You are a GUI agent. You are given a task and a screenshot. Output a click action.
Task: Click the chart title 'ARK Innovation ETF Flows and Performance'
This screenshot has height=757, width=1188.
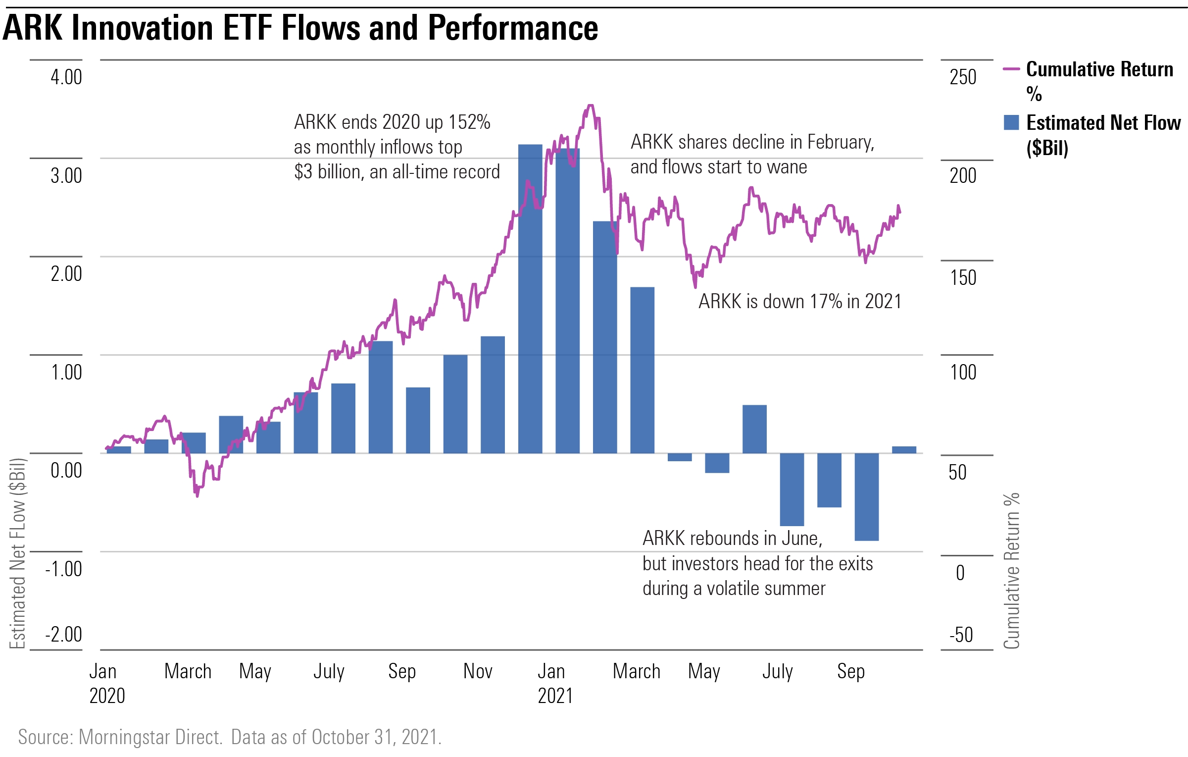click(300, 28)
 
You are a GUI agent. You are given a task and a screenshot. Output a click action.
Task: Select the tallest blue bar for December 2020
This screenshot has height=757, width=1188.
click(530, 299)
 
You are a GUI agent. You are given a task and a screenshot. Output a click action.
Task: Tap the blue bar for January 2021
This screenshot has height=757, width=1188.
click(568, 301)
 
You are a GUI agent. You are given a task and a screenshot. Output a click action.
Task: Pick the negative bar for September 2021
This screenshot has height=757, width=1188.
click(867, 497)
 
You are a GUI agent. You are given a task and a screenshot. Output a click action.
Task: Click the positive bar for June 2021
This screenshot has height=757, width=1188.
click(755, 429)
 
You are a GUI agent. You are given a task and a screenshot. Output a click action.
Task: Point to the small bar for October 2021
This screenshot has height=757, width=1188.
click(904, 450)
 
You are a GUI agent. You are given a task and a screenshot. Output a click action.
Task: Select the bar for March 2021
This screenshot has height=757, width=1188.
click(643, 370)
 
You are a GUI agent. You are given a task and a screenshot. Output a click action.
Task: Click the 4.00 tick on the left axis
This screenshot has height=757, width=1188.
click(66, 77)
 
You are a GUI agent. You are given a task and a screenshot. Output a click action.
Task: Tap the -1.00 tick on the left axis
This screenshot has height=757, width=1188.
click(64, 569)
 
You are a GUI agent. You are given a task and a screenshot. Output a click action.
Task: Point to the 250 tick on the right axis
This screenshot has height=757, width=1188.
click(963, 77)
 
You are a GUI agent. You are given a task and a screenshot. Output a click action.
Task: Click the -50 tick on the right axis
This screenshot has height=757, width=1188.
click(961, 635)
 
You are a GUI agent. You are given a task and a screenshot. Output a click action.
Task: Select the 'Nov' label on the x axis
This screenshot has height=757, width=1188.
click(478, 671)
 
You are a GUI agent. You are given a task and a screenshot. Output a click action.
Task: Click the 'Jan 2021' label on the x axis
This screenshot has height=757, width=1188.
click(555, 684)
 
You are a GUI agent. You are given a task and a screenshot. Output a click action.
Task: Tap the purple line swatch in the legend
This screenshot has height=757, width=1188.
click(1011, 69)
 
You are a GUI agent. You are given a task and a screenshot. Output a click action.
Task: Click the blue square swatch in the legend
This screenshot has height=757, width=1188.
click(1011, 122)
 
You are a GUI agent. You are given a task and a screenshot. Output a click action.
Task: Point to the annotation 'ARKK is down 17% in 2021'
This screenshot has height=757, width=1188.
click(800, 301)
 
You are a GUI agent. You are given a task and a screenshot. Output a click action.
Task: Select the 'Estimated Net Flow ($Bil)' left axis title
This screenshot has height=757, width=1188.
click(18, 553)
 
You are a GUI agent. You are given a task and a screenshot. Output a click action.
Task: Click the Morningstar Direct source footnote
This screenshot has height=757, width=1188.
click(230, 737)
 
